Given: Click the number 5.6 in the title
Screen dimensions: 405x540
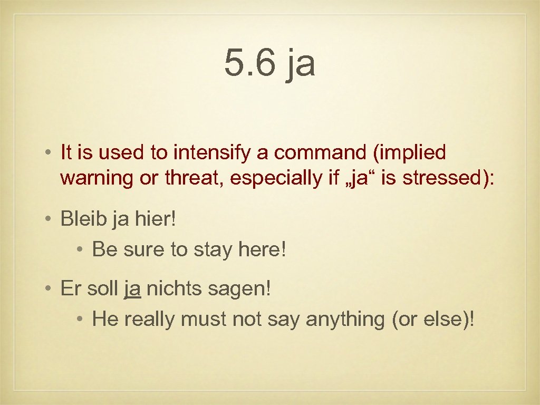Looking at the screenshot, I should click(x=250, y=63).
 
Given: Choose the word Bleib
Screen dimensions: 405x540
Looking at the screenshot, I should click(x=83, y=218).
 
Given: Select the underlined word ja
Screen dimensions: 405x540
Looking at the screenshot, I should click(x=132, y=289).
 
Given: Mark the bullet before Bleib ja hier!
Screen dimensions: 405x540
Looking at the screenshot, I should click(x=48, y=219).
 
